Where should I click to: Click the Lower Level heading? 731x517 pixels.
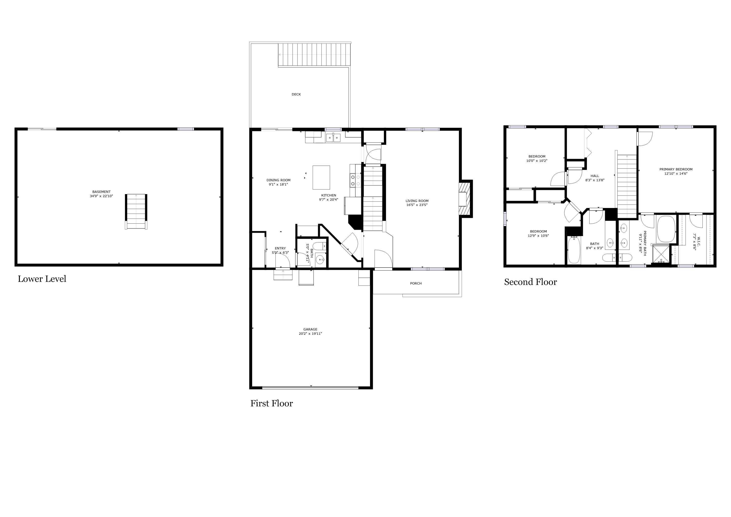(x=42, y=279)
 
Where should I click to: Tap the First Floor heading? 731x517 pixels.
(x=272, y=403)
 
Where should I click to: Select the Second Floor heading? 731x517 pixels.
(x=530, y=282)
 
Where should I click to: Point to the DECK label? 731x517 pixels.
(x=296, y=94)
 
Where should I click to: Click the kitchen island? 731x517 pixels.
(x=321, y=177)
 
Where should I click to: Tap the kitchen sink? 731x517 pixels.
(x=333, y=138)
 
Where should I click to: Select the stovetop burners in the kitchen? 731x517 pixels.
(x=355, y=180)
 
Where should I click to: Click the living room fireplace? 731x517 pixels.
(x=465, y=199)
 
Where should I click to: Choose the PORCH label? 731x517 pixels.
(x=416, y=283)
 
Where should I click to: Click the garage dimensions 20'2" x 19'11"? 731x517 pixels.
(x=310, y=334)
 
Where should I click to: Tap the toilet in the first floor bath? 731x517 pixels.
(x=320, y=246)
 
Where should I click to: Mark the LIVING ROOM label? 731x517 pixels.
(x=417, y=201)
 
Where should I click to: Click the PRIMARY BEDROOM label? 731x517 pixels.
(x=676, y=169)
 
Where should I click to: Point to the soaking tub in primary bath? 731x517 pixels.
(x=666, y=229)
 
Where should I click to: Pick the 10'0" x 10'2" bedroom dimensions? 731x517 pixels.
(x=537, y=161)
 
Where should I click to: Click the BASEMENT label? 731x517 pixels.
(x=101, y=192)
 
